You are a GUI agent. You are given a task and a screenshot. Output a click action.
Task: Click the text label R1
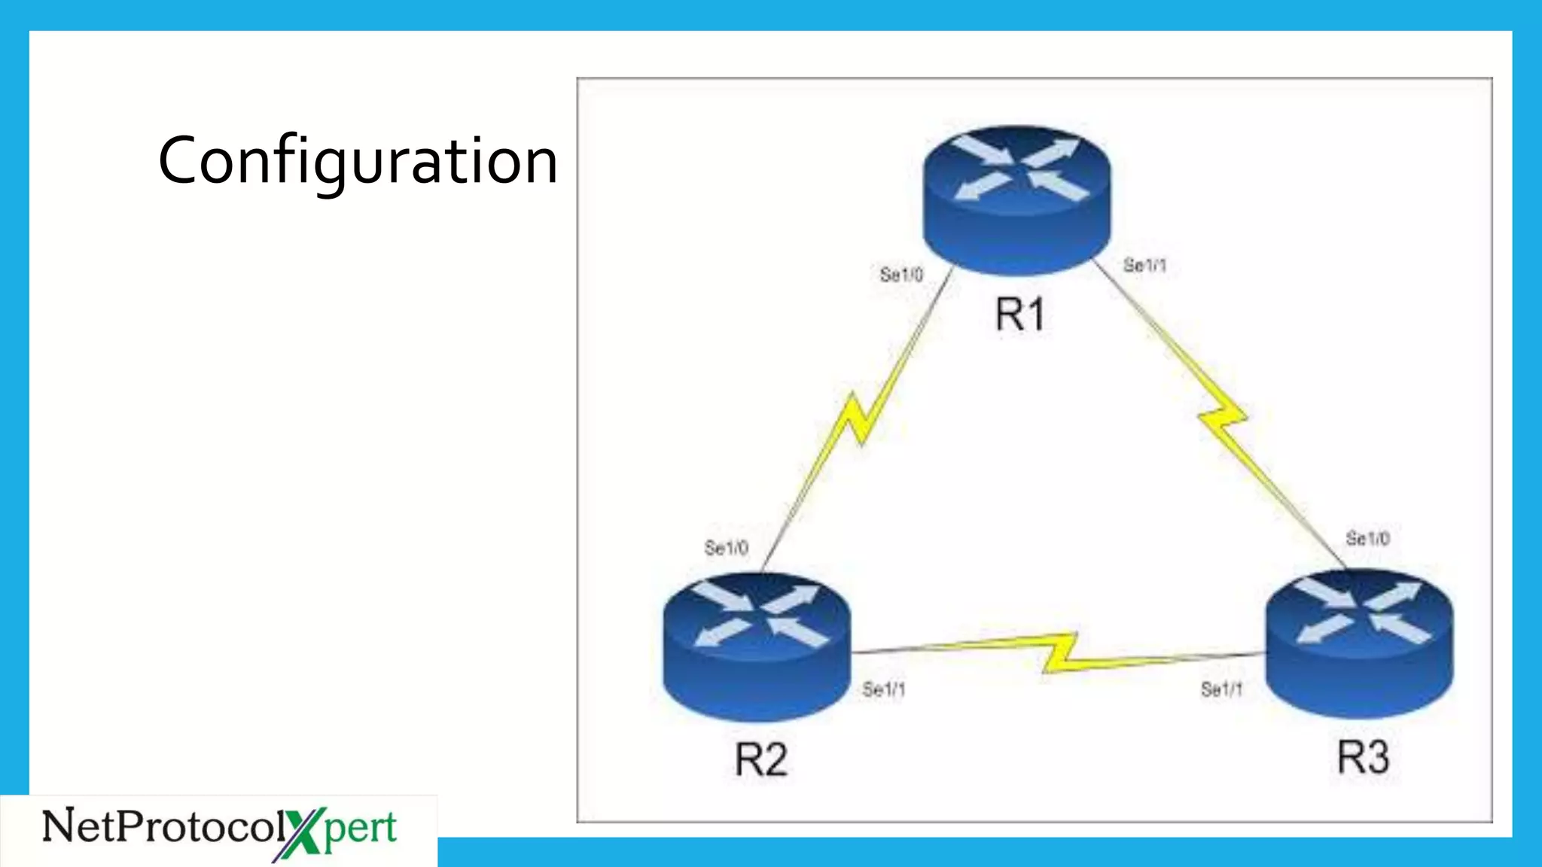click(1020, 314)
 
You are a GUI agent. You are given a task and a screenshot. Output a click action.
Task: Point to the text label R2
click(760, 759)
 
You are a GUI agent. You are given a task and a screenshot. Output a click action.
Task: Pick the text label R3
click(1363, 756)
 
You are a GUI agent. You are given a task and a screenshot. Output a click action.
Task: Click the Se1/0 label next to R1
click(901, 275)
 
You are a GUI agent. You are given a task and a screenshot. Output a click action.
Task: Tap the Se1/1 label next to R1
click(1144, 265)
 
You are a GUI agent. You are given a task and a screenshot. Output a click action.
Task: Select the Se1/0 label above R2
click(726, 548)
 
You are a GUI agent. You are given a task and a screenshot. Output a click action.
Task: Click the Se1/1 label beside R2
click(884, 689)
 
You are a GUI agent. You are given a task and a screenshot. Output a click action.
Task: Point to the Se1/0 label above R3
click(1367, 539)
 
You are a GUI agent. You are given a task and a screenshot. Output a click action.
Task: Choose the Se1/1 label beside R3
click(1221, 689)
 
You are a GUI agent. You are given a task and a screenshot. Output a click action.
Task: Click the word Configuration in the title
click(358, 160)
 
